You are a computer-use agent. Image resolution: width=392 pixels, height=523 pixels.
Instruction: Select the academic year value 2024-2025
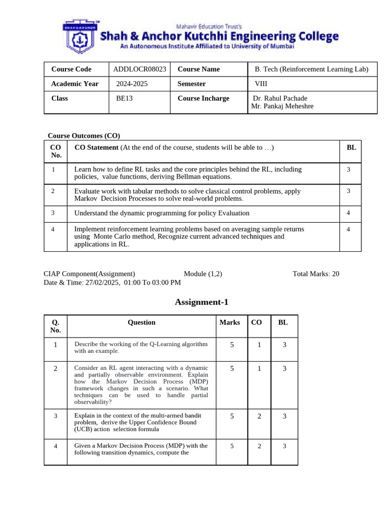132,84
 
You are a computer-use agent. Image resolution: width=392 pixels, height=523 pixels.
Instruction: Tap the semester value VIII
260,84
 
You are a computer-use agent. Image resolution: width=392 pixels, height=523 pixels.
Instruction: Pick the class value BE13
124,99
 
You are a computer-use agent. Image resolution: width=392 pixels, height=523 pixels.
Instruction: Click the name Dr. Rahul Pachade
280,99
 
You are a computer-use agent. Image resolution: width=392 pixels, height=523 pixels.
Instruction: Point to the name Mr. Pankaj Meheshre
282,106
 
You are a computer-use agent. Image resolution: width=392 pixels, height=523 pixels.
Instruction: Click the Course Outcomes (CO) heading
84,136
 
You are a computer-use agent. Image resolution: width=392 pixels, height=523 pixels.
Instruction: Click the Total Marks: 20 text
315,274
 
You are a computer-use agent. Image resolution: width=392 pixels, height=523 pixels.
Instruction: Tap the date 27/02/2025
102,282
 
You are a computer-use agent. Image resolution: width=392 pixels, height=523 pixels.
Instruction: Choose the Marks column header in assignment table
230,322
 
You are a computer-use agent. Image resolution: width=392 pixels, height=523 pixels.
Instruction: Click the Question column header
141,322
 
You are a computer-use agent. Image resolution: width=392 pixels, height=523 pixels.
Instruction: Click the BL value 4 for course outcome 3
348,212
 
